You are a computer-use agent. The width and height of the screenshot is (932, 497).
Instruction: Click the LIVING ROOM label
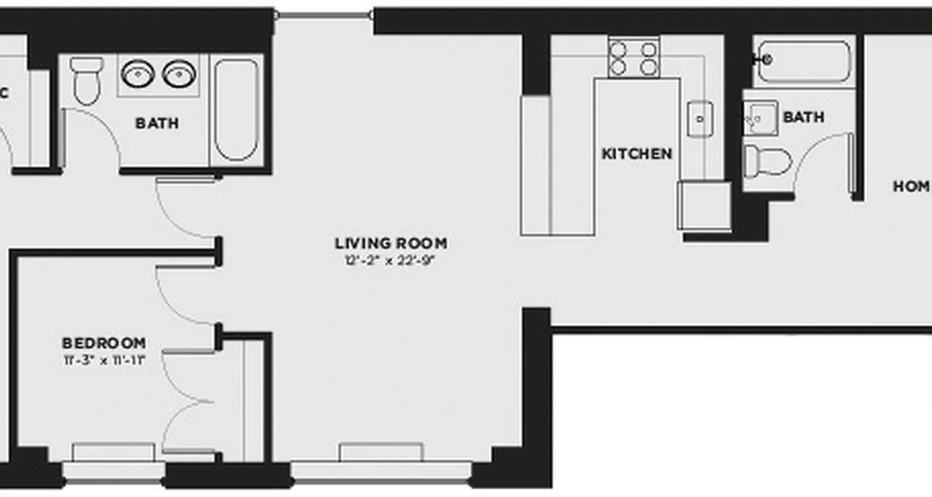click(x=391, y=243)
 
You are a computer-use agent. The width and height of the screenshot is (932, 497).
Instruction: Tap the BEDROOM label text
click(x=104, y=343)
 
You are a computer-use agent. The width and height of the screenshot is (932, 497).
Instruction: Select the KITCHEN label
click(x=637, y=153)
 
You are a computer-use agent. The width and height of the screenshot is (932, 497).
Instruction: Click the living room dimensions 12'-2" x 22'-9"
click(x=390, y=260)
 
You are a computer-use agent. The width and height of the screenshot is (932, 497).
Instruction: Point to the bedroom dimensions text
click(x=104, y=359)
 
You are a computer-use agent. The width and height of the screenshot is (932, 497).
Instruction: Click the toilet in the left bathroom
click(x=86, y=81)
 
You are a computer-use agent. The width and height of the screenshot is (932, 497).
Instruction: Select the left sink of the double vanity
click(x=137, y=74)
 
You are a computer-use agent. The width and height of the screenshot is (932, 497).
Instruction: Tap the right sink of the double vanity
click(x=179, y=74)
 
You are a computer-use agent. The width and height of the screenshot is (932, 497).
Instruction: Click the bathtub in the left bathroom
click(x=236, y=109)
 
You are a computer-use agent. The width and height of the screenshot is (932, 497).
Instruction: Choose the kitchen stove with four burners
click(x=633, y=58)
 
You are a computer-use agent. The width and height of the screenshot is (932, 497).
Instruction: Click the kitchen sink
click(x=700, y=118)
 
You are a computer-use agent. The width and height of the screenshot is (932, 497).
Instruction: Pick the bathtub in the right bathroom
click(x=803, y=61)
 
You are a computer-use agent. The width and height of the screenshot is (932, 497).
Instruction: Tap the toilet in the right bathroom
click(x=767, y=162)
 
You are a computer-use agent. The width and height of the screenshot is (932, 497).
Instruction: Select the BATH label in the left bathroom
click(x=157, y=123)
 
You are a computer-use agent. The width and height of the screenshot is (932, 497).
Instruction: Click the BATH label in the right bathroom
click(x=803, y=117)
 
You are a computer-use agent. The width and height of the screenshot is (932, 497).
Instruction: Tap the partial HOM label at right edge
click(x=911, y=186)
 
